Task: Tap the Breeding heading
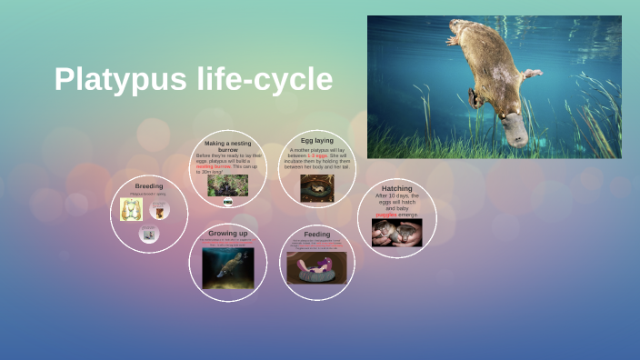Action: (x=148, y=185)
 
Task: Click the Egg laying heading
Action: (x=316, y=141)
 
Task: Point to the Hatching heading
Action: (x=396, y=188)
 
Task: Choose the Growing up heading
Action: (x=227, y=234)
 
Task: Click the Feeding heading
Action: (x=316, y=235)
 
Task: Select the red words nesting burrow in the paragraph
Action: (x=214, y=166)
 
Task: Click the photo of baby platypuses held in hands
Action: (x=396, y=233)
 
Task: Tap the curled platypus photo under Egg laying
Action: (x=316, y=187)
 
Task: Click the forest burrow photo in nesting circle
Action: (x=227, y=185)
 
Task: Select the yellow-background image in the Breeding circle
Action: (x=130, y=210)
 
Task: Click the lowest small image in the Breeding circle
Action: (x=149, y=234)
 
